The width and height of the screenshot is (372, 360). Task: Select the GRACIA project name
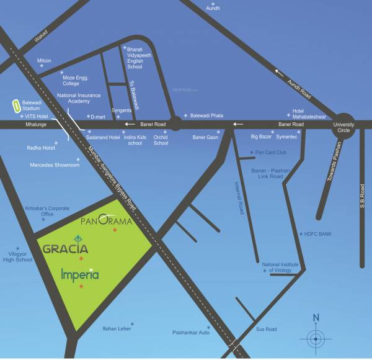[x=65, y=249]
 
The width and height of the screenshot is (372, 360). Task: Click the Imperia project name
[x=81, y=274]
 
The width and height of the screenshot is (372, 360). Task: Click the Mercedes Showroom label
[x=55, y=165]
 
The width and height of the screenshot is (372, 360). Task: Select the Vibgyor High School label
[x=17, y=257]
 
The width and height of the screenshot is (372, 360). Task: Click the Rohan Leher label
[x=118, y=329]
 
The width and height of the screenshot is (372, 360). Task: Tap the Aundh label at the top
[x=213, y=8]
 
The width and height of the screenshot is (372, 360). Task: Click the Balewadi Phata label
[x=208, y=116]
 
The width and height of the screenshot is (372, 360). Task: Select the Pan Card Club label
[x=270, y=152]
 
